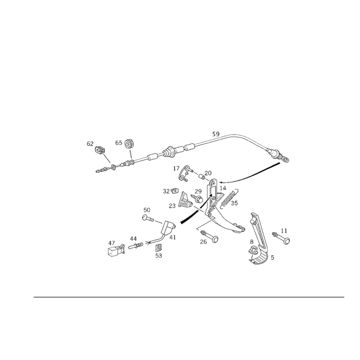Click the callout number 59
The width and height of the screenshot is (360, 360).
(216, 134)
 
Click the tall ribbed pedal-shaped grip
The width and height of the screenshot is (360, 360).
(257, 238)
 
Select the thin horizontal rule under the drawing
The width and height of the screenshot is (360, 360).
(189, 297)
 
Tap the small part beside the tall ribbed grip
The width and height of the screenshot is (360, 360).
(284, 237)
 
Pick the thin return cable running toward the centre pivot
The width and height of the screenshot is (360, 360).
(252, 173)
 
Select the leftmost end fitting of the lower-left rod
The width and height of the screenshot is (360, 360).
(115, 247)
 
